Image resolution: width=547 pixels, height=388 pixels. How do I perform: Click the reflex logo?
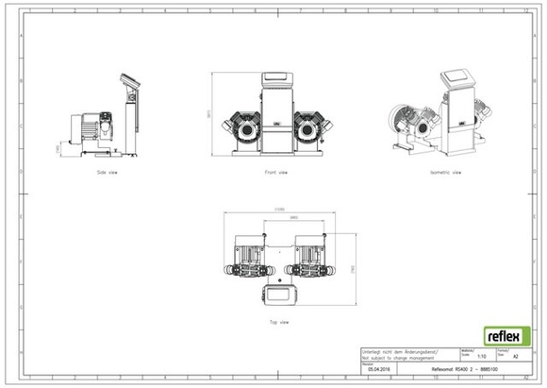(x=506, y=335)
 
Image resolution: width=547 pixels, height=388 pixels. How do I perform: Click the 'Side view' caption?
(x=107, y=173)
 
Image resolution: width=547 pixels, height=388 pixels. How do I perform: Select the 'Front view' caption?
(x=276, y=173)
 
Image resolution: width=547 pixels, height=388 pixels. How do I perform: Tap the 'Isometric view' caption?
(x=445, y=173)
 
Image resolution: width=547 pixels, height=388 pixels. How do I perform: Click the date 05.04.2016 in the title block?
(x=380, y=369)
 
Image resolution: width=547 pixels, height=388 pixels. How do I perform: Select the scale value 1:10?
(x=482, y=357)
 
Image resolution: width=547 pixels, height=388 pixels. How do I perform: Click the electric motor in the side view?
(x=91, y=125)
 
